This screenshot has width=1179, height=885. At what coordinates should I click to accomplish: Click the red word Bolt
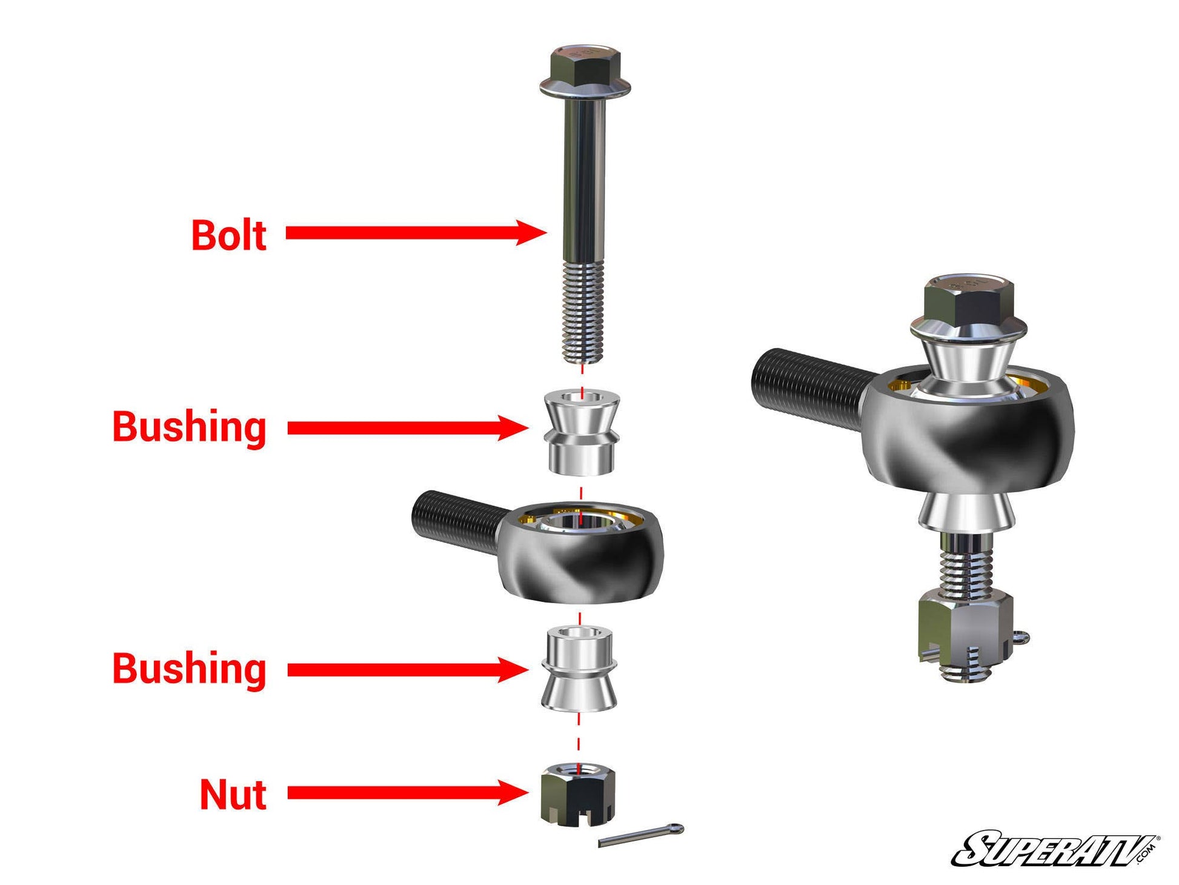pyautogui.click(x=228, y=236)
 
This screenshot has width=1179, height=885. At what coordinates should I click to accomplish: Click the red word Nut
pyautogui.click(x=233, y=794)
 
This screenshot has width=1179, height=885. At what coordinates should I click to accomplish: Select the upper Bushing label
pyautogui.click(x=189, y=427)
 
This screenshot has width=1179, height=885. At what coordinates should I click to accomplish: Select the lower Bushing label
pyautogui.click(x=189, y=669)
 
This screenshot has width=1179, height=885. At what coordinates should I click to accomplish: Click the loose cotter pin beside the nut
pyautogui.click(x=641, y=836)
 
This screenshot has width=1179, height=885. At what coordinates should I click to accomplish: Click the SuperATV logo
pyautogui.click(x=1054, y=848)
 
